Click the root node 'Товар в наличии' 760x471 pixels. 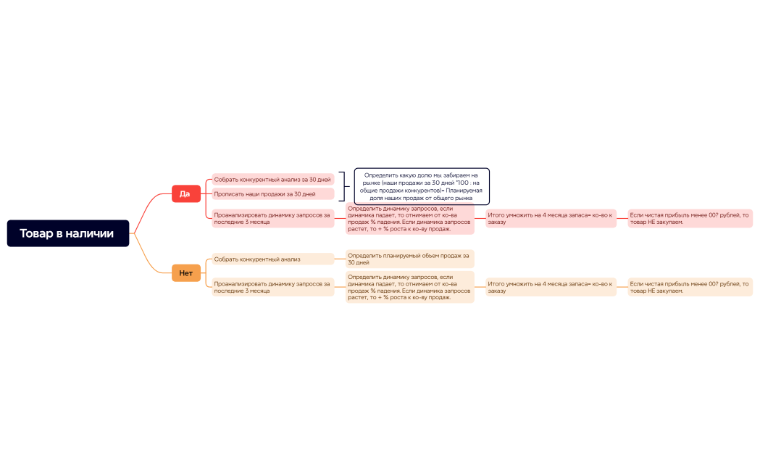[68, 233]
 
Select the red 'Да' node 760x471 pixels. [185, 193]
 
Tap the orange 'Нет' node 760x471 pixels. [185, 273]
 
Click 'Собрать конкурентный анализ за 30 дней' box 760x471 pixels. [272, 179]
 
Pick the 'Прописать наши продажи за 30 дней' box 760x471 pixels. [272, 194]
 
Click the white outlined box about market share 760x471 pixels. [422, 186]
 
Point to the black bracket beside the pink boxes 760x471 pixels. [343, 186]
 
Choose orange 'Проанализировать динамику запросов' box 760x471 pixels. [272, 287]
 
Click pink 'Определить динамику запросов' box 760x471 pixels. [409, 219]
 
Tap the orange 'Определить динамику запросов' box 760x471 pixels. [409, 287]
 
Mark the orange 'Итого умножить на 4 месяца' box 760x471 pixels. [551, 287]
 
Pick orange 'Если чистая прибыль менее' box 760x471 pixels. [690, 287]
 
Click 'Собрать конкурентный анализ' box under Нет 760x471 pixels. [272, 259]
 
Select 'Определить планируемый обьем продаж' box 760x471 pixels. [409, 259]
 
